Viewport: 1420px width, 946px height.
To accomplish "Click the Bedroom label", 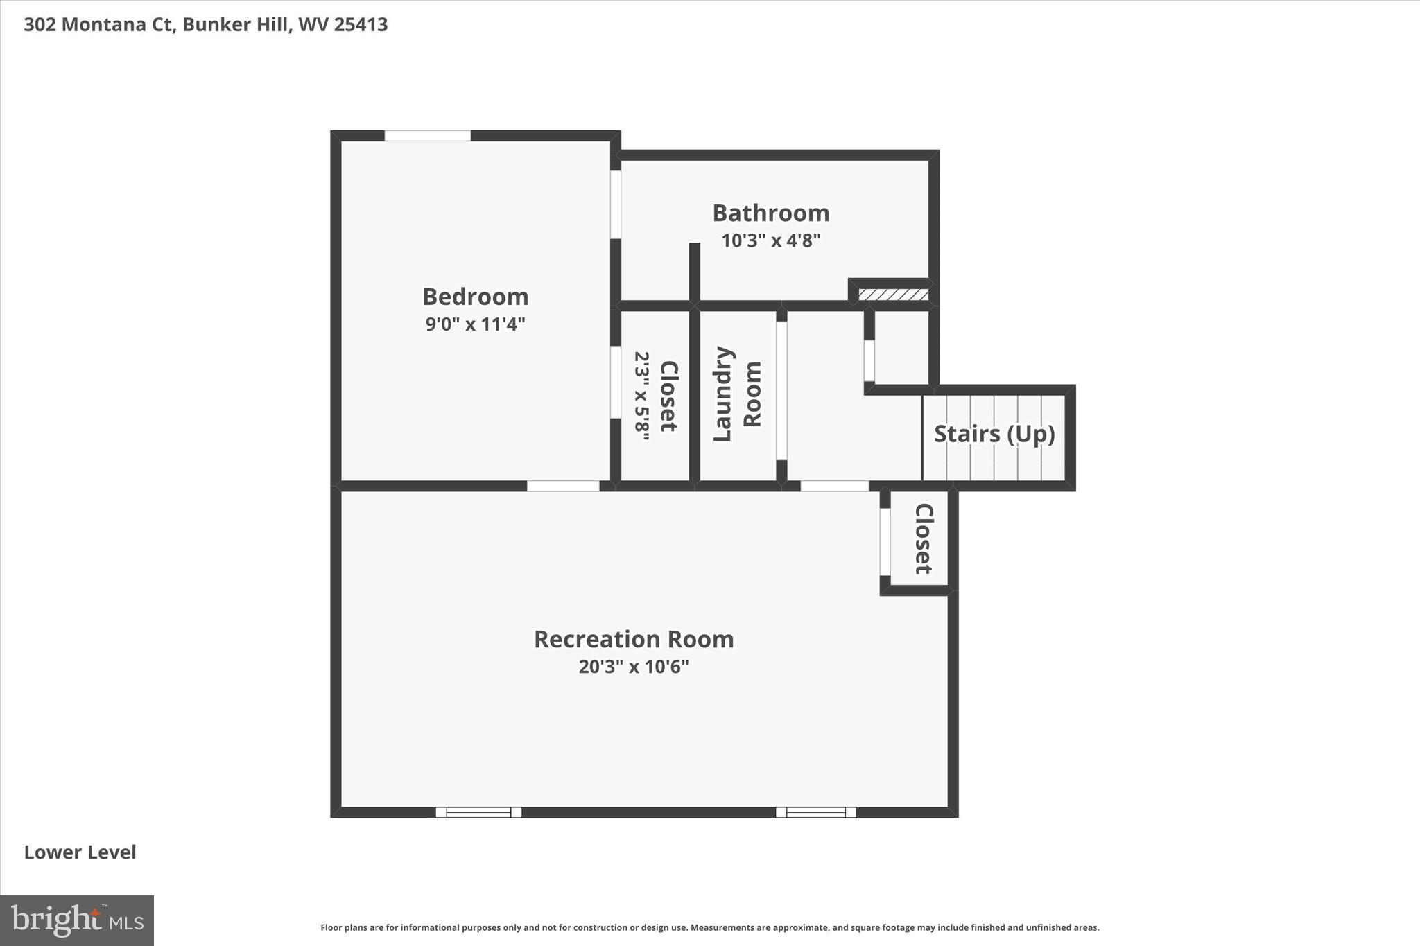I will [475, 297].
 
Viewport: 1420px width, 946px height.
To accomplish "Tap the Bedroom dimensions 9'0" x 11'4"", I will [475, 324].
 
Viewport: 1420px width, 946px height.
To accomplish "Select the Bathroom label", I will [770, 213].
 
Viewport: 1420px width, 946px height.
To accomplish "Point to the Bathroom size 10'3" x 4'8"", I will [770, 240].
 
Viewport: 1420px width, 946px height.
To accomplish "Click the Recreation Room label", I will [633, 639].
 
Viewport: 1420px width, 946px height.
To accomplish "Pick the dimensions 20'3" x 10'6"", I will [633, 667].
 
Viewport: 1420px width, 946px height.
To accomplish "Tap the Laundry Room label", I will [737, 394].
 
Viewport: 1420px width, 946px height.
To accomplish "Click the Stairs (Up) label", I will [994, 434].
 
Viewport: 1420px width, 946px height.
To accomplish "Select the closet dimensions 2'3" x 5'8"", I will [642, 396].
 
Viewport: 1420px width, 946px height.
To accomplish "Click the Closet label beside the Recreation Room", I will [924, 538].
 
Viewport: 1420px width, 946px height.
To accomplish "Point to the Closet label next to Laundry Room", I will [668, 396].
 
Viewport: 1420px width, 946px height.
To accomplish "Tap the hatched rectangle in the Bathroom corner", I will [893, 295].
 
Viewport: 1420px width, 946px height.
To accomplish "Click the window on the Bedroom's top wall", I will [427, 136].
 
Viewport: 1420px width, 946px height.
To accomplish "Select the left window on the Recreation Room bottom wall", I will [478, 812].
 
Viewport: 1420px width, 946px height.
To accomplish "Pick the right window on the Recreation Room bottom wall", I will [815, 812].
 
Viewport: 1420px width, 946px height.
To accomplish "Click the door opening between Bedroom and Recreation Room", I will [563, 486].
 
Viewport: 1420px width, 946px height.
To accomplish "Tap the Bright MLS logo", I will [77, 920].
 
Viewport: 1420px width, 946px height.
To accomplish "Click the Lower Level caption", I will [80, 852].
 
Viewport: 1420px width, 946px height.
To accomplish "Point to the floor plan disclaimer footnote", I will [709, 927].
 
